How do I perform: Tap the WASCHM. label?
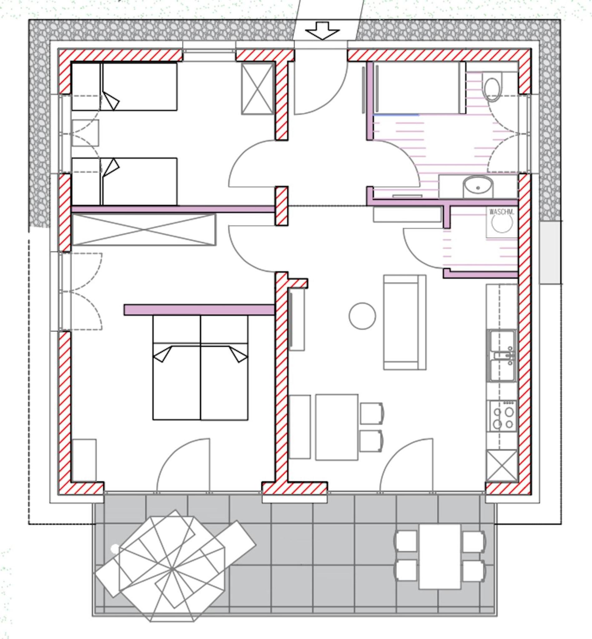click(x=501, y=212)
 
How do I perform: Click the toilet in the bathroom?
click(x=492, y=86)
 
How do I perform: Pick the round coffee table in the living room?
click(x=362, y=316)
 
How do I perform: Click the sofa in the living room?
click(x=405, y=322)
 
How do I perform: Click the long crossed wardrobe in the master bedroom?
click(x=144, y=230)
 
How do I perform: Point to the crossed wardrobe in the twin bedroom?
click(x=257, y=88)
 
